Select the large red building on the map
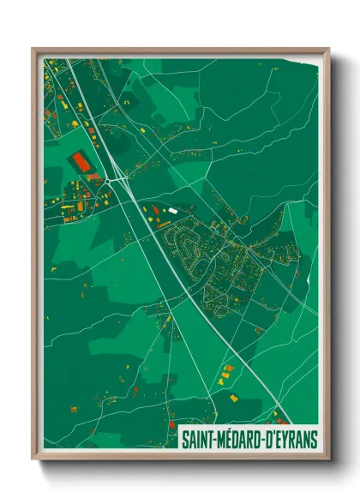82,161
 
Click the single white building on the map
173,209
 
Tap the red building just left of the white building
158,208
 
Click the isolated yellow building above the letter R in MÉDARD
233,399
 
